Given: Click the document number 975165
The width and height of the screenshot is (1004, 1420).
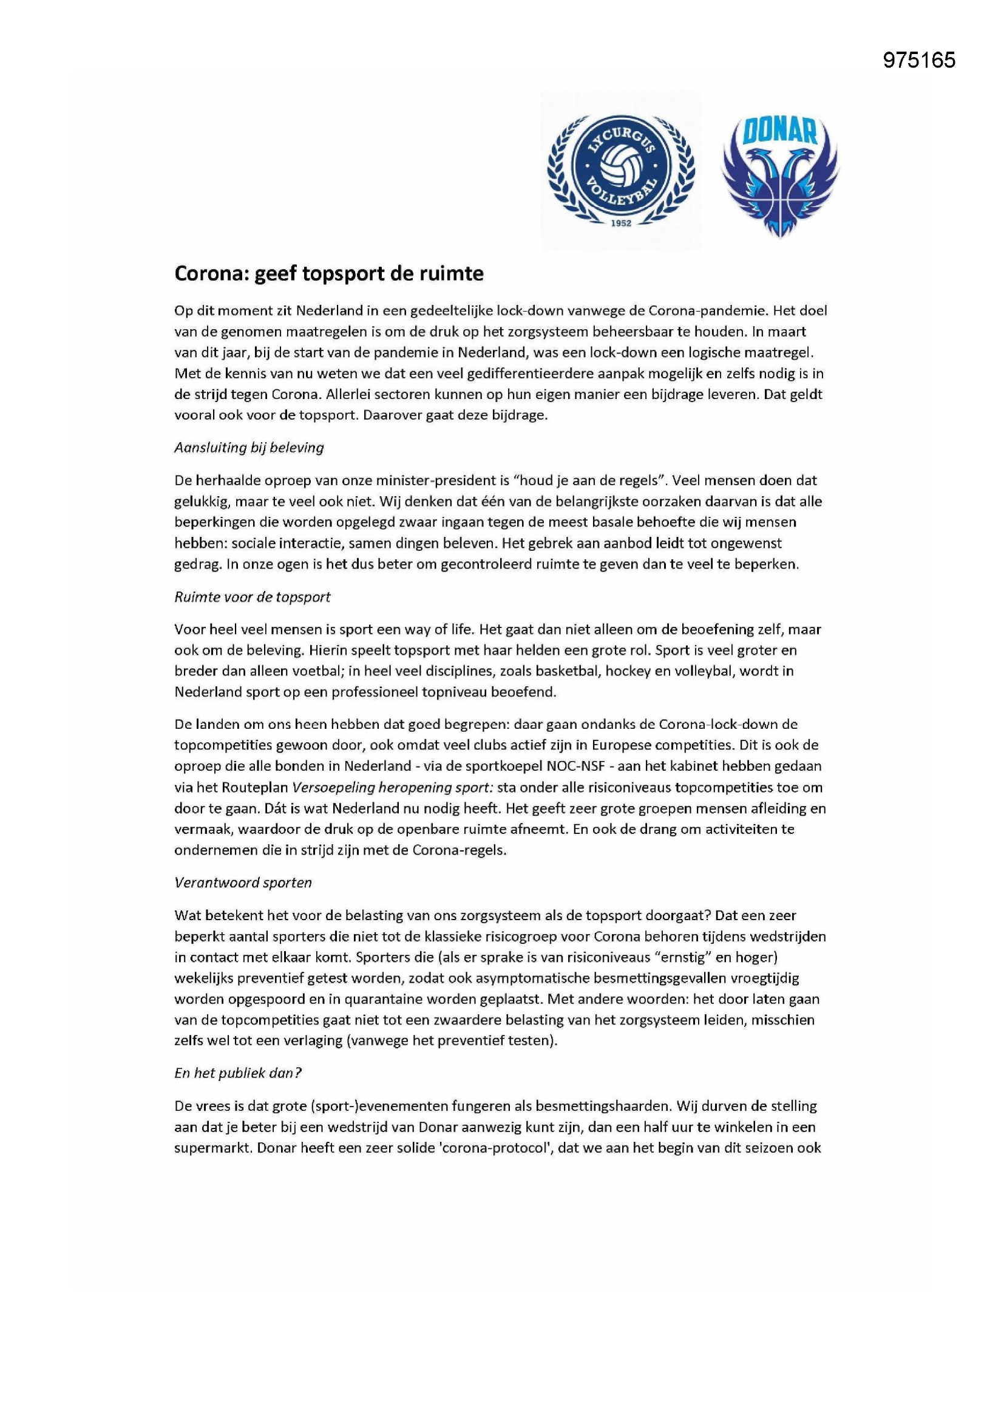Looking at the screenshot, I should tap(918, 60).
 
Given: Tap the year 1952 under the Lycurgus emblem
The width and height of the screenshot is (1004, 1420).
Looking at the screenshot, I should tap(621, 224).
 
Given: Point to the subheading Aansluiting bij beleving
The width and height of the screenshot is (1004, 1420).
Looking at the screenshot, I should tap(248, 447).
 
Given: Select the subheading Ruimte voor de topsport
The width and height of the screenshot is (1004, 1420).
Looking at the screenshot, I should tap(253, 597).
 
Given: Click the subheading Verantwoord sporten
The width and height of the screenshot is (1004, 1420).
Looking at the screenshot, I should tap(243, 882).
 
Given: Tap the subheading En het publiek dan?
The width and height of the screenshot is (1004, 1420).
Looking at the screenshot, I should tap(238, 1073).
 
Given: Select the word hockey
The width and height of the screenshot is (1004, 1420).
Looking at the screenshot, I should tap(628, 671).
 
